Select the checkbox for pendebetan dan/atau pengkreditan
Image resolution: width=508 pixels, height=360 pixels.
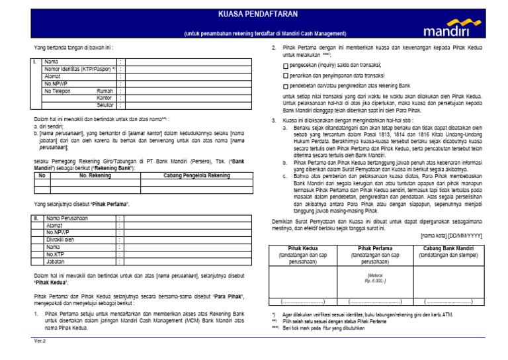point(285,87)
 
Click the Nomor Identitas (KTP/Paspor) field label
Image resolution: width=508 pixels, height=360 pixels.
point(79,68)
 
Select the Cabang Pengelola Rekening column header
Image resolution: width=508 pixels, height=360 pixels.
point(196,175)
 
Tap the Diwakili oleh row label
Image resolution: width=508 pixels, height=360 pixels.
point(61,239)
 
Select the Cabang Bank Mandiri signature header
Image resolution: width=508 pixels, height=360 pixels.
point(445,248)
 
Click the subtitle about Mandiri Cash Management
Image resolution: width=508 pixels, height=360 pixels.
point(265,33)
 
